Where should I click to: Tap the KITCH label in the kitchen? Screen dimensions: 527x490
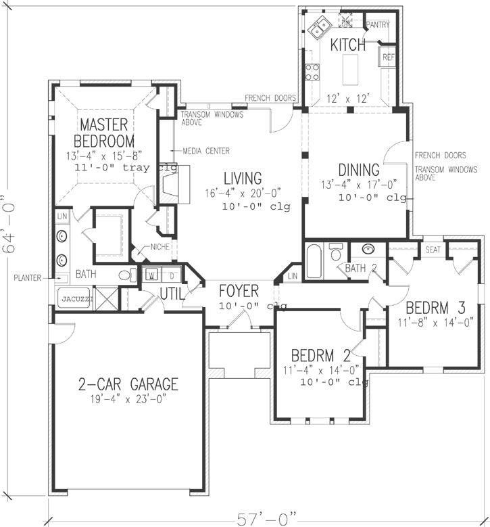point(347,45)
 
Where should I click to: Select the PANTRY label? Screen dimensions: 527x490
point(377,24)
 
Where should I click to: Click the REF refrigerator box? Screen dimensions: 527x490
point(389,58)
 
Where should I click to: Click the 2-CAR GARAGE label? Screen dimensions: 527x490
point(127,385)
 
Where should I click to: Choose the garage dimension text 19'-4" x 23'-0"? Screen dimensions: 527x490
point(127,400)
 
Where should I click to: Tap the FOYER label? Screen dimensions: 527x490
point(239,292)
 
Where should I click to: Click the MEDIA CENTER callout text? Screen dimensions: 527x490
point(207,151)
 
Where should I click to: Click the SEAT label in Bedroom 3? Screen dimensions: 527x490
point(433,250)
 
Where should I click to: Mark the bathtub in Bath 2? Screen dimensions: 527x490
point(315,260)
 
